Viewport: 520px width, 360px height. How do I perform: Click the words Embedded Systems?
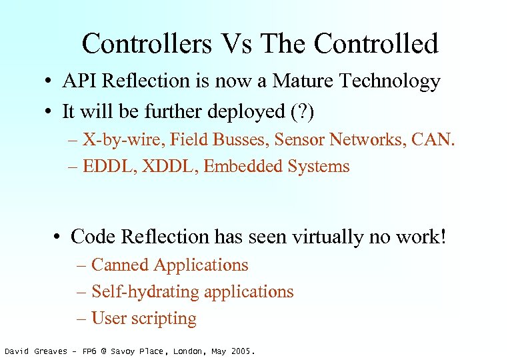276,166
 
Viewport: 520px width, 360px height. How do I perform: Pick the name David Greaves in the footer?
34,351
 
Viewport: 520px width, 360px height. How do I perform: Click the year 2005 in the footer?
242,351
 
